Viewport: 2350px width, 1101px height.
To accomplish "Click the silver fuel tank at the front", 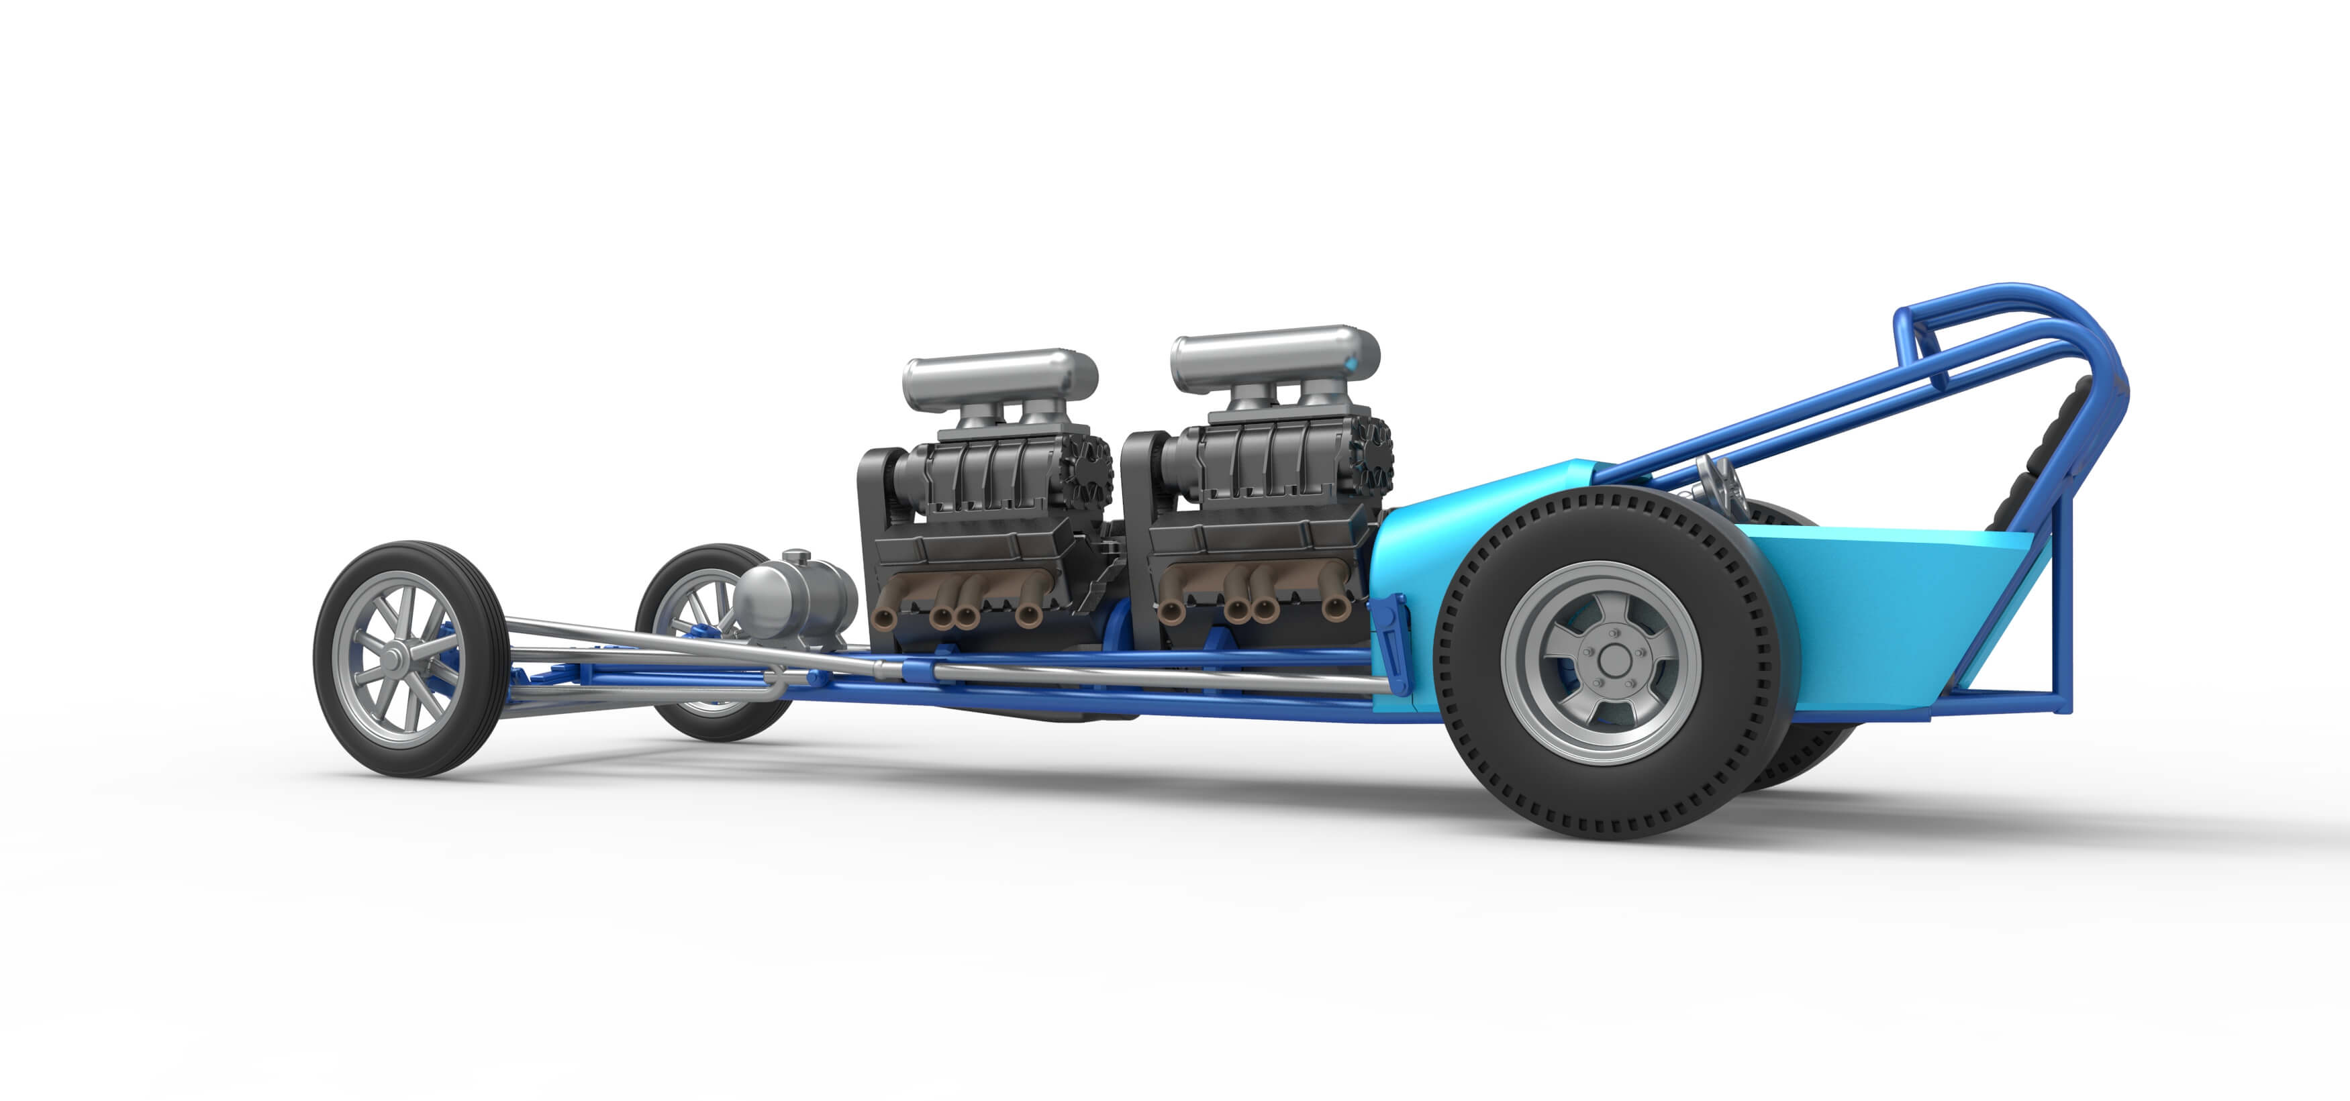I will coord(790,598).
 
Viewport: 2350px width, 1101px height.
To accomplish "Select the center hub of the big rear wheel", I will coord(1613,660).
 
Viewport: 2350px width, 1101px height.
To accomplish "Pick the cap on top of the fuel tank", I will coord(795,556).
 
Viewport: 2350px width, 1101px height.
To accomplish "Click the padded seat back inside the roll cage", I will coord(2043,456).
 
